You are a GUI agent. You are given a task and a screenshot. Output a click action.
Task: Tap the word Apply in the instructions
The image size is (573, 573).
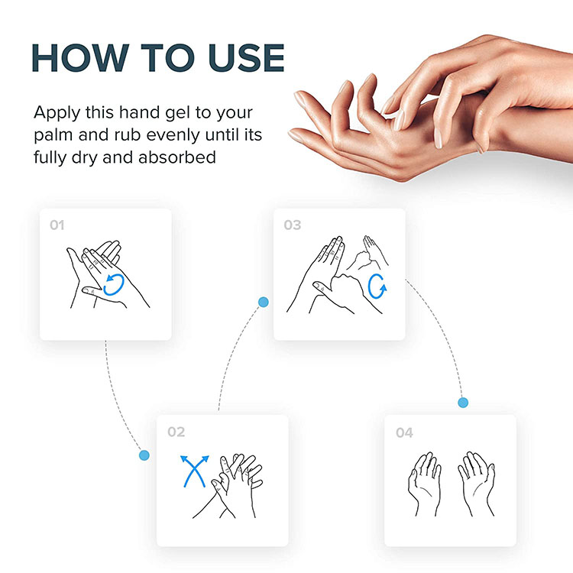(55, 113)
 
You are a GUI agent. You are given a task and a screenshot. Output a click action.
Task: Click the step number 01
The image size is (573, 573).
(57, 226)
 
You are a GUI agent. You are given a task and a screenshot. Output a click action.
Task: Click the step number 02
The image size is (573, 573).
(176, 432)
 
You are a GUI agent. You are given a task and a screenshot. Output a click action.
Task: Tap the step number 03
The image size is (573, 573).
(292, 226)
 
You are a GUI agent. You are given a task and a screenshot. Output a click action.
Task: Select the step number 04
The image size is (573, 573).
(403, 433)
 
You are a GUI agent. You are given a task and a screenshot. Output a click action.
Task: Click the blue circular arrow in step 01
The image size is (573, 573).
(113, 283)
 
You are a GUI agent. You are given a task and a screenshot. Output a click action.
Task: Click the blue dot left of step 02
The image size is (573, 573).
(144, 455)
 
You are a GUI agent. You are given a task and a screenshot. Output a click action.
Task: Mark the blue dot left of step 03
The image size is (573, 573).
(264, 303)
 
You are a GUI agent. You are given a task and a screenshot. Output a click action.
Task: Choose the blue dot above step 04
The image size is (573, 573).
(462, 402)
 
